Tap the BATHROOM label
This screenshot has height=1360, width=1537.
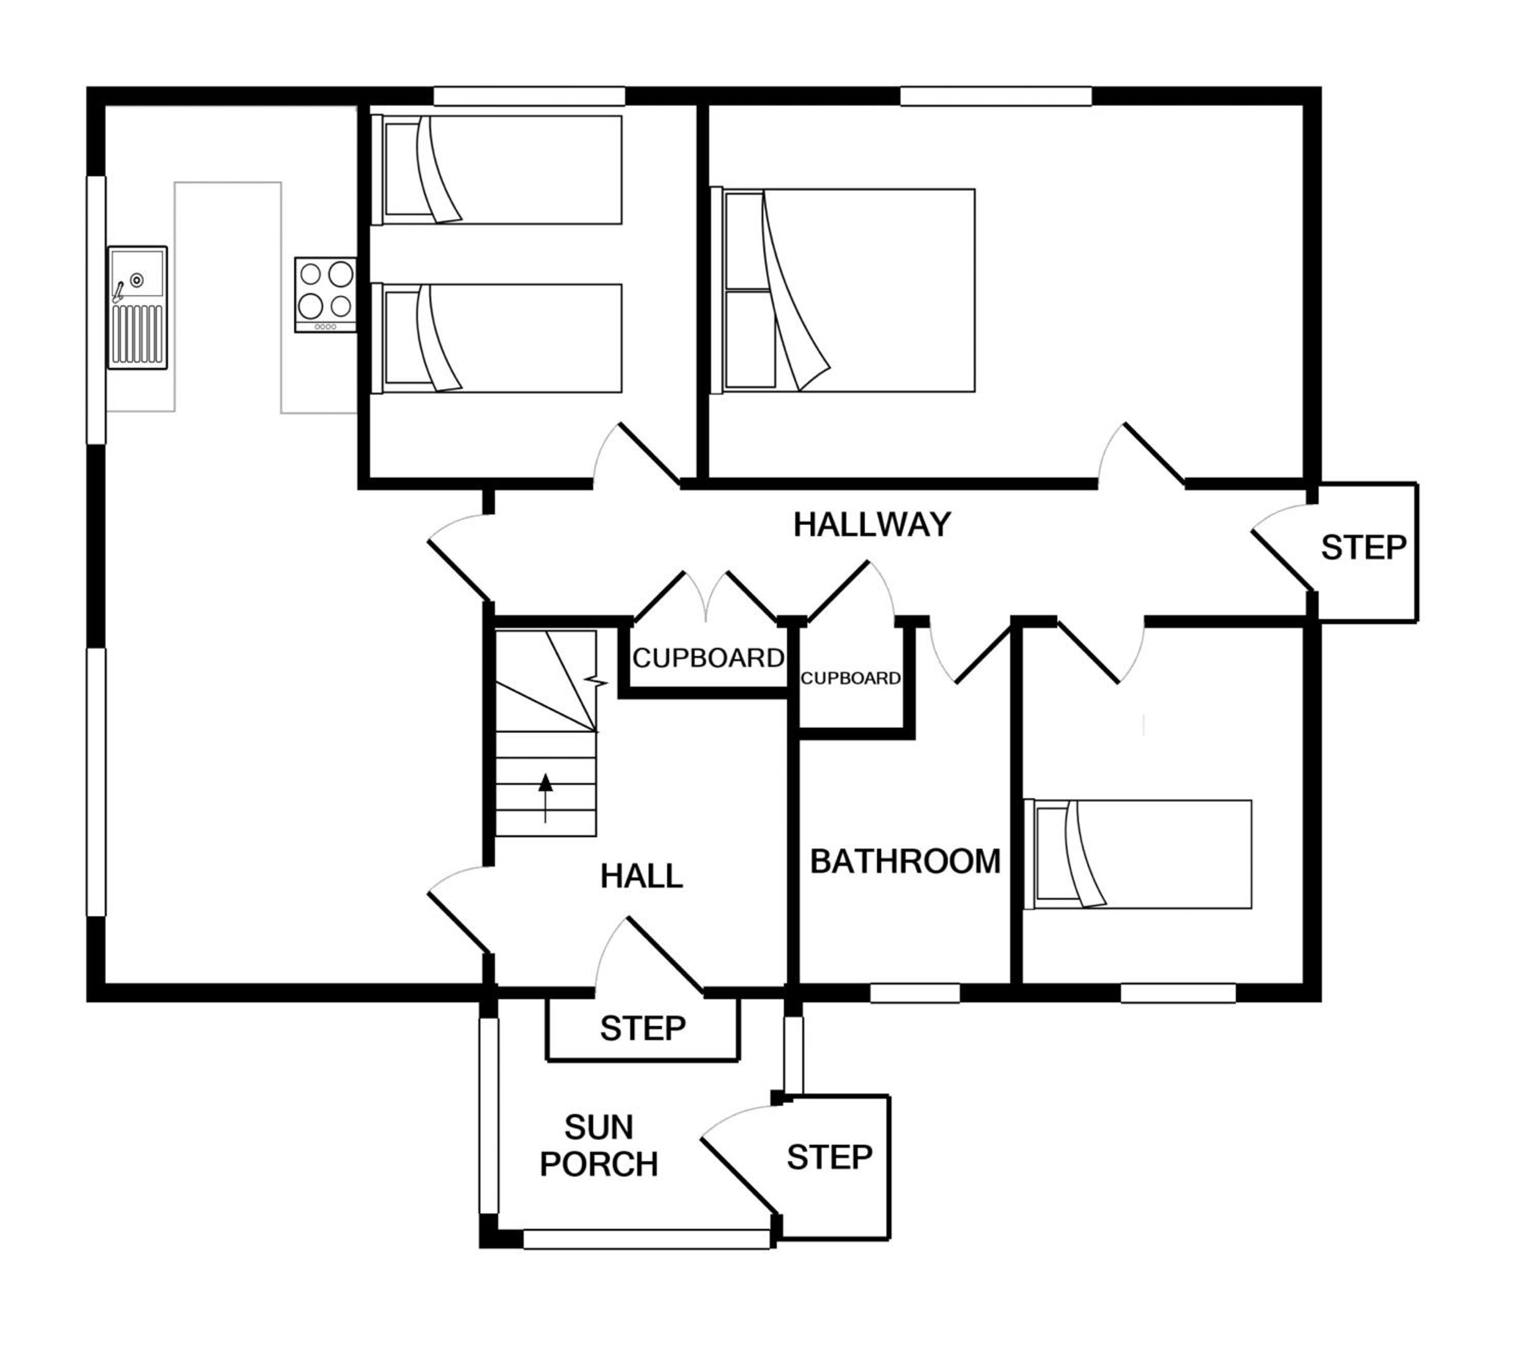pyautogui.click(x=905, y=861)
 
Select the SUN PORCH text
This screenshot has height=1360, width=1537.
pyautogui.click(x=599, y=1146)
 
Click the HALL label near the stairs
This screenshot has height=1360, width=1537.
pyautogui.click(x=641, y=876)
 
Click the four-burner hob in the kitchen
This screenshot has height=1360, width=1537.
pyautogui.click(x=326, y=295)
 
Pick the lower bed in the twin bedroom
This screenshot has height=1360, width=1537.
pyautogui.click(x=497, y=339)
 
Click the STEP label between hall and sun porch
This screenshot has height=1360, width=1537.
pyautogui.click(x=643, y=1028)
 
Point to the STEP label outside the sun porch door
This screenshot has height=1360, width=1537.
pyautogui.click(x=829, y=1158)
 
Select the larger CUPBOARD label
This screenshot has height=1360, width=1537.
pyautogui.click(x=709, y=658)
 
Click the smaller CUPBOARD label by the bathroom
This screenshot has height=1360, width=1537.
pyautogui.click(x=850, y=678)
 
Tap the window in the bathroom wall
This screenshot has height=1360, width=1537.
pyautogui.click(x=915, y=994)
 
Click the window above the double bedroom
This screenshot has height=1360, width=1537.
pyautogui.click(x=995, y=95)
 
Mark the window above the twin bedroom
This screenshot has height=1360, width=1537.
pyautogui.click(x=529, y=95)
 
